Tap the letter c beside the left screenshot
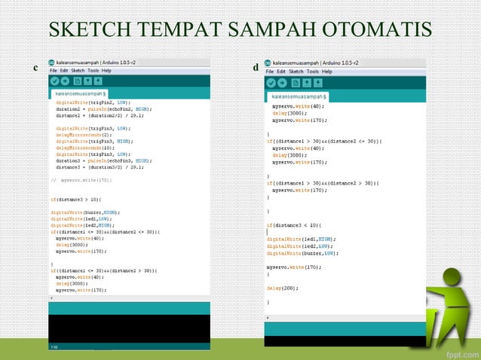click(35, 69)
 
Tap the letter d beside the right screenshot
click(256, 69)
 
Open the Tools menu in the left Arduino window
click(94, 70)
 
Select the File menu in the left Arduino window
click(54, 70)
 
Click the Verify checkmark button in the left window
click(55, 81)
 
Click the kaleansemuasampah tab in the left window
click(82, 93)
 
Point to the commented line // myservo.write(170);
click(81, 180)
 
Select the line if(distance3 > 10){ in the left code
click(75, 199)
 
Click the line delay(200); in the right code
click(283, 288)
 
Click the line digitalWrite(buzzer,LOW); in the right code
click(302, 252)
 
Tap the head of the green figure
click(453, 276)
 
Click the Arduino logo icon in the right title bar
click(268, 63)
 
